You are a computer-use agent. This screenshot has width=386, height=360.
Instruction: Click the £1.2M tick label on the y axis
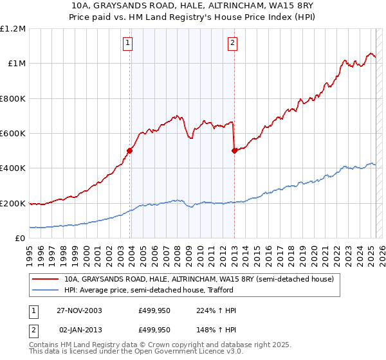pos(14,29)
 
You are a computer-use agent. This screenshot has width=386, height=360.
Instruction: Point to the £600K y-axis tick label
pos(13,134)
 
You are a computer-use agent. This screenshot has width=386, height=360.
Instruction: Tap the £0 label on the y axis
pos(21,239)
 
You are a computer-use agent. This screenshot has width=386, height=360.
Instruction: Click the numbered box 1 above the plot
pos(128,44)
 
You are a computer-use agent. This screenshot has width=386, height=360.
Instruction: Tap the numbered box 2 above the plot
pos(232,44)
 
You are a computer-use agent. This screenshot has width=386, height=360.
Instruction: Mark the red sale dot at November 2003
pos(130,151)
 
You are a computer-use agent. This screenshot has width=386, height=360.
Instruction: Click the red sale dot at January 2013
pos(234,151)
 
